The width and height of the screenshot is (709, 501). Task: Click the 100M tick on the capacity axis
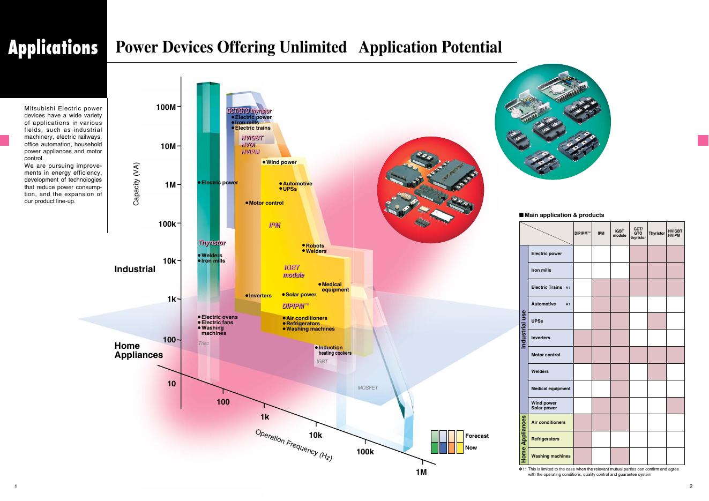(166, 107)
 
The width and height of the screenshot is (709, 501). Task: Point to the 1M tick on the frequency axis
(421, 472)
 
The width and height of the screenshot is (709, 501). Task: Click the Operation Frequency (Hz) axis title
(294, 445)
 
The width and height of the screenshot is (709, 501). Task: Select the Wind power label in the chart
(281, 162)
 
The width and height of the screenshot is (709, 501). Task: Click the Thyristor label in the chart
(212, 243)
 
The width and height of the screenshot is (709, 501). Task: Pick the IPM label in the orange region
(274, 226)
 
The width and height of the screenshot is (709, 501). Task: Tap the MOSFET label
(368, 388)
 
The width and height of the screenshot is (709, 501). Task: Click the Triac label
(204, 343)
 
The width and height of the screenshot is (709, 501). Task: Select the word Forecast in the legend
(477, 436)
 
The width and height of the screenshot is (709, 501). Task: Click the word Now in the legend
(471, 447)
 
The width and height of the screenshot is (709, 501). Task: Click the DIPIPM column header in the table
(582, 233)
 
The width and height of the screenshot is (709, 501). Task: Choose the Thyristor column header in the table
(656, 233)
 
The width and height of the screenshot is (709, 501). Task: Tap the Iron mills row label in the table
(541, 270)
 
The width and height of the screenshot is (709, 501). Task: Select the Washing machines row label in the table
(550, 456)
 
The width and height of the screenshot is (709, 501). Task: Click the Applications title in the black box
(53, 48)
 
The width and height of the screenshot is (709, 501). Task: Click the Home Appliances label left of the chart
(138, 350)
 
